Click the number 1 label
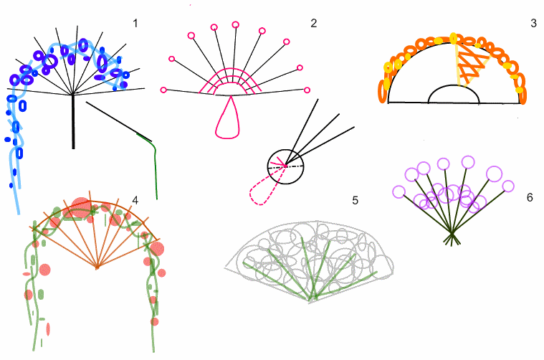(135, 24)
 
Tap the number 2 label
(313, 24)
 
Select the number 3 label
(533, 24)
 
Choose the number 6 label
(530, 196)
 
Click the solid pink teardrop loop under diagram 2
(229, 120)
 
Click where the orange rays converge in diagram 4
(97, 268)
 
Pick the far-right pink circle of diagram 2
(307, 90)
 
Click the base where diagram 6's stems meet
(452, 239)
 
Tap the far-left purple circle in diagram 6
(399, 191)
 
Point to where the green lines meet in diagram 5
(312, 298)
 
